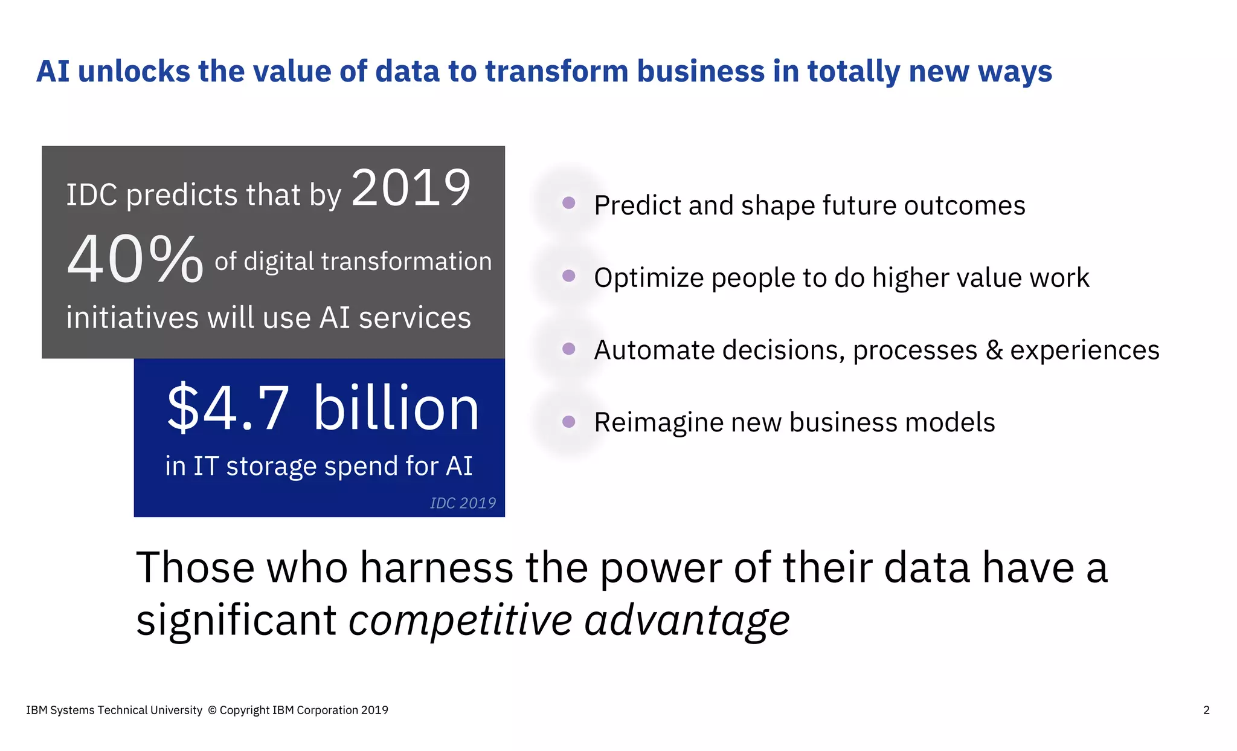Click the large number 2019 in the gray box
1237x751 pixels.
pyautogui.click(x=411, y=189)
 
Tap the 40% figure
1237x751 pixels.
pyautogui.click(x=135, y=260)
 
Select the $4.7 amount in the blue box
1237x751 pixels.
pyautogui.click(x=228, y=409)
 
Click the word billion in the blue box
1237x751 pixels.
pyautogui.click(x=396, y=409)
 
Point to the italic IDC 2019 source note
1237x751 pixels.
pyautogui.click(x=463, y=503)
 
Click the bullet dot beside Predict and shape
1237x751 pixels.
pyautogui.click(x=568, y=203)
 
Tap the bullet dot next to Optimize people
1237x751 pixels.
pyautogui.click(x=568, y=276)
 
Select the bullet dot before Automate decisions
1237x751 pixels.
pyautogui.click(x=568, y=349)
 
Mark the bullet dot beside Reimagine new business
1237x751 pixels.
pyautogui.click(x=568, y=422)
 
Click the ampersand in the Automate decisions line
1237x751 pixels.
pyautogui.click(x=994, y=350)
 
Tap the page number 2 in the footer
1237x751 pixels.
pyautogui.click(x=1206, y=711)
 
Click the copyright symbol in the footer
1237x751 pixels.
pyautogui.click(x=212, y=711)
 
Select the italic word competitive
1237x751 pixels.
pyautogui.click(x=460, y=621)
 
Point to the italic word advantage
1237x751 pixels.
pyautogui.click(x=687, y=621)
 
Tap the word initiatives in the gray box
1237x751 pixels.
pyautogui.click(x=132, y=318)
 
